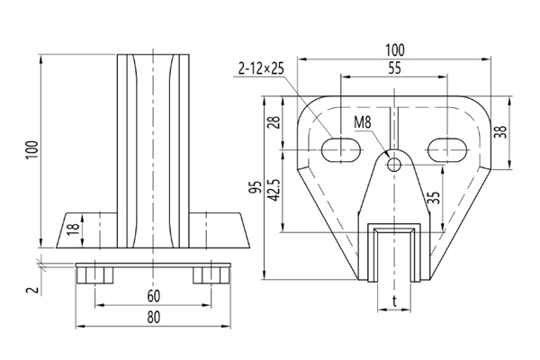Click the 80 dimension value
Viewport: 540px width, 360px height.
pos(154,316)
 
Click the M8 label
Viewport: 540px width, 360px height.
pos(364,121)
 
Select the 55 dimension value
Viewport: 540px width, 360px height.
pos(395,67)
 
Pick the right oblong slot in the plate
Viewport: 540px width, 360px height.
pos(447,148)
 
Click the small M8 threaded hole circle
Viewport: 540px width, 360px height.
pos(393,164)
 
